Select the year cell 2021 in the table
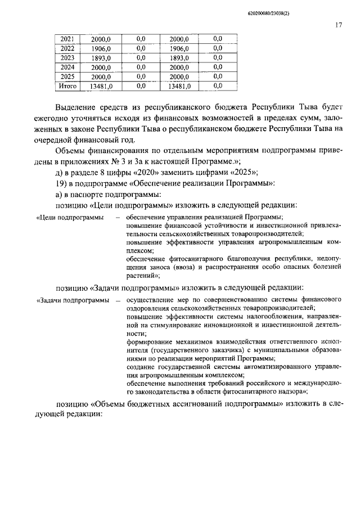(x=67, y=39)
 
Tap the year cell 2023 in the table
(x=67, y=58)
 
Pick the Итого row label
(x=67, y=86)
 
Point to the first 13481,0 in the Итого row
(x=101, y=86)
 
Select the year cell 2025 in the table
(x=67, y=76)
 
